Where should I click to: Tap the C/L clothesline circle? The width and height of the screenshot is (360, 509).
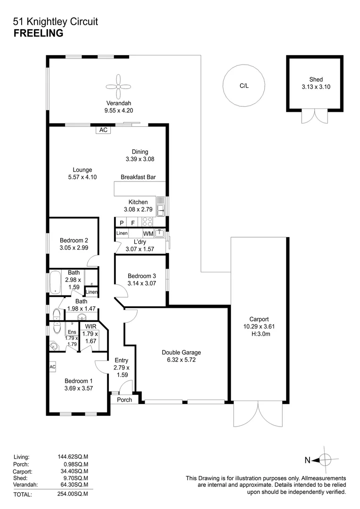pos(244,86)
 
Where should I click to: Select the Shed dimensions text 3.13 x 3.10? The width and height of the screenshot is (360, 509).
pos(316,87)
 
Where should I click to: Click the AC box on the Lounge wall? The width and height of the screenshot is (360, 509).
pos(103,130)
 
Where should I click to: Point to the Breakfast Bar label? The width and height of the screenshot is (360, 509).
pos(138,178)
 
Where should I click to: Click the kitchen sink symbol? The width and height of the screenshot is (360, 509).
pos(160,207)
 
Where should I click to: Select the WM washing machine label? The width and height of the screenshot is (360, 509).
pos(148,233)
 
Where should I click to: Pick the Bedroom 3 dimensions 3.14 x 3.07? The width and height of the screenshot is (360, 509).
pos(142,283)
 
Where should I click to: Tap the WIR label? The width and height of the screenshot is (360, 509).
pos(90,326)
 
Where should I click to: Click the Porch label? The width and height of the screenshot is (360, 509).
pos(124,400)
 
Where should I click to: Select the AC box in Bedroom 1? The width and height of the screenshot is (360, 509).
pos(52,367)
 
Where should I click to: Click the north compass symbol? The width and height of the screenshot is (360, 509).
pos(325,460)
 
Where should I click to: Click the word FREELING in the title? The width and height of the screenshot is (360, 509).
pos(39,33)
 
